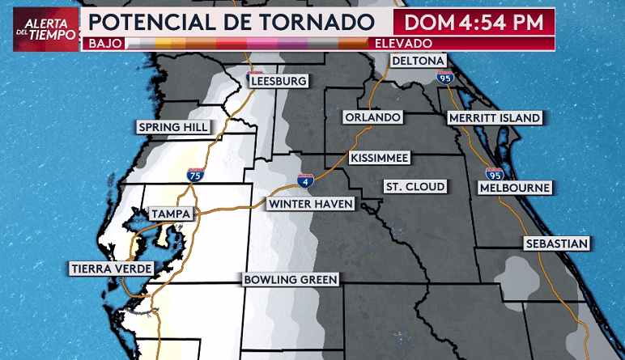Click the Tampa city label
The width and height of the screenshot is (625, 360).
coord(171,214)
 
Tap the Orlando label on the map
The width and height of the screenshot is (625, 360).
coord(372,118)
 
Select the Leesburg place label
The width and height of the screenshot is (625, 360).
coord(278,82)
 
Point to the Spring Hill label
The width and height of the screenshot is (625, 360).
coord(174,127)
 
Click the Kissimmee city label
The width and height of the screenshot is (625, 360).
coord(380,158)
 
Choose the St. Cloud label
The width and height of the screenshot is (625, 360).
coord(415,187)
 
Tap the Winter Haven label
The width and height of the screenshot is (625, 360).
coord(312,204)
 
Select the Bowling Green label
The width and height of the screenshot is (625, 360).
coord(291,280)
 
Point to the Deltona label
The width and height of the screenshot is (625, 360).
coord(419,61)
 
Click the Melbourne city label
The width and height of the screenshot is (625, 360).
coord(515,188)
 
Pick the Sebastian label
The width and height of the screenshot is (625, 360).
coord(555,244)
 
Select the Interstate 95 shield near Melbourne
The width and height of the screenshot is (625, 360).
coord(495,172)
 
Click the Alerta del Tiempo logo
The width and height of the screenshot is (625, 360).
coord(46,30)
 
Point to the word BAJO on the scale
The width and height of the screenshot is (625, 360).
coord(103,43)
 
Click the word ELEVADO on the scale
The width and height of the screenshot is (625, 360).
coord(404,43)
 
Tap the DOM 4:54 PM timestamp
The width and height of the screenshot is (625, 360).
coord(474,22)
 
